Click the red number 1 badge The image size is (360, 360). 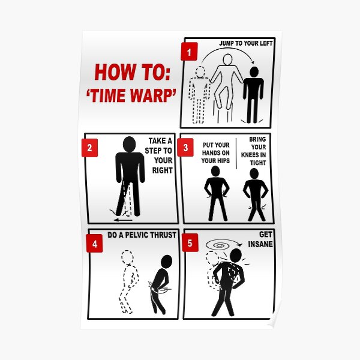coord(189,52)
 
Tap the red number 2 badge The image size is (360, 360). coord(90,148)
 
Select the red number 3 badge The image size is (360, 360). coord(185,148)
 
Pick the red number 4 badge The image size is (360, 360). coord(94,243)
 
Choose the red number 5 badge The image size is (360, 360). coord(190,242)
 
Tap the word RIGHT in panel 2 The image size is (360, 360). coord(163,170)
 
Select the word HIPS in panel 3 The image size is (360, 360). coord(223,161)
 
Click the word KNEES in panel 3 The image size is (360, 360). coord(248,155)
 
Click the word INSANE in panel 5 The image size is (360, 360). coord(260,244)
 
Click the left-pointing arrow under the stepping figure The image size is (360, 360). coord(123,220)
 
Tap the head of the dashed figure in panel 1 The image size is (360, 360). coord(200,71)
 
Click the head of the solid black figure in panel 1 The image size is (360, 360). coord(254,72)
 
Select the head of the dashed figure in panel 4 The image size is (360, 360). coord(127,256)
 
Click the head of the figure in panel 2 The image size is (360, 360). coord(129,144)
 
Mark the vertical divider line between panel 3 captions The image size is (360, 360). coord(236,154)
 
